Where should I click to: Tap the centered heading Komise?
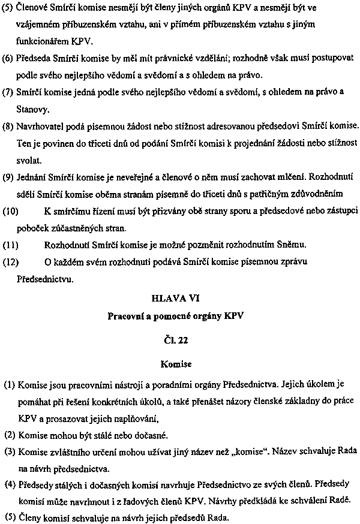[x=180, y=363]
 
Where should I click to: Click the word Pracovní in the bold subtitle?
[x=125, y=315]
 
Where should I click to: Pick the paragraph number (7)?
[x=8, y=93]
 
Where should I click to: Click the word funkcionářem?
[x=44, y=43]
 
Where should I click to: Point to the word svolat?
[x=29, y=161]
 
